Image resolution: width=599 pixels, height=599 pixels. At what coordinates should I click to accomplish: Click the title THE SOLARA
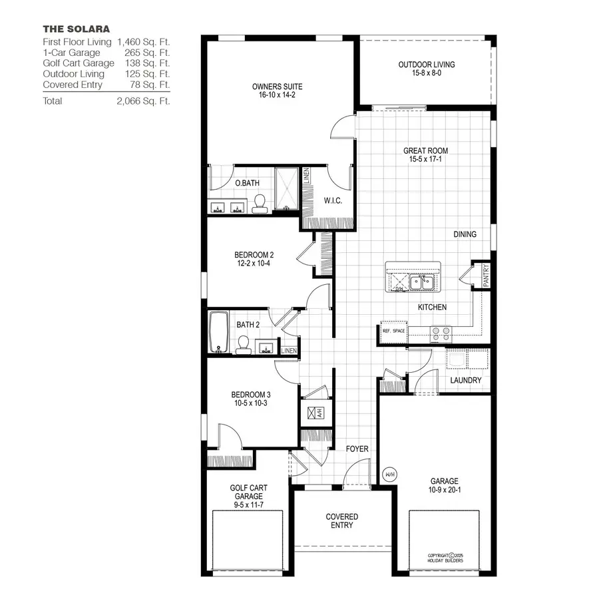pyautogui.click(x=77, y=29)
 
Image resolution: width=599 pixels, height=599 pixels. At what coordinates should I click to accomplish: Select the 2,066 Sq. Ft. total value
pyautogui.click(x=143, y=101)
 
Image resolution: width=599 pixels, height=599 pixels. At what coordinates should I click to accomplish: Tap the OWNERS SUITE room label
pyautogui.click(x=278, y=87)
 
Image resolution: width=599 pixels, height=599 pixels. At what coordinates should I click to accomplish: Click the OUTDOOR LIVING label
pyautogui.click(x=427, y=65)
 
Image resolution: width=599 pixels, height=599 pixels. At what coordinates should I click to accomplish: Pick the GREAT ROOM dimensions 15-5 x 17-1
pyautogui.click(x=425, y=160)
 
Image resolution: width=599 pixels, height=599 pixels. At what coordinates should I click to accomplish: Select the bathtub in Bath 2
pyautogui.click(x=218, y=332)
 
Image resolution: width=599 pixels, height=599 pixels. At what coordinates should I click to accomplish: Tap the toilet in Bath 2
pyautogui.click(x=244, y=344)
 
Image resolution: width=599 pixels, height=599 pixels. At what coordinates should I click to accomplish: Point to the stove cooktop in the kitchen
pyautogui.click(x=441, y=333)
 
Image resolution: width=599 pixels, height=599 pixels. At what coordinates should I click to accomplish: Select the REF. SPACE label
pyautogui.click(x=393, y=331)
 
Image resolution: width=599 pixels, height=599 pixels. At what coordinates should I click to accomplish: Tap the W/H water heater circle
pyautogui.click(x=390, y=475)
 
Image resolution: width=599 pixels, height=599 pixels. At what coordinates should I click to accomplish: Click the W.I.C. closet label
pyautogui.click(x=333, y=201)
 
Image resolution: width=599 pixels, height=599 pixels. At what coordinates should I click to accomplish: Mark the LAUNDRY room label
pyautogui.click(x=466, y=381)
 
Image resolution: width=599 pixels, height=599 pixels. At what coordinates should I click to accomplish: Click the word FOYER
pyautogui.click(x=357, y=449)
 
